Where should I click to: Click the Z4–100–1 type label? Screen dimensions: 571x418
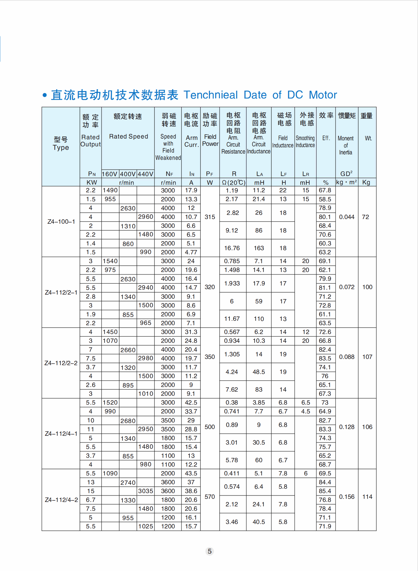tap(61, 222)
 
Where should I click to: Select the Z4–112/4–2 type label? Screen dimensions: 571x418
tap(61, 500)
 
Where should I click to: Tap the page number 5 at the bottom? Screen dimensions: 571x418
tap(210, 551)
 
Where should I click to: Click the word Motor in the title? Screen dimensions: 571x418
tap(323, 95)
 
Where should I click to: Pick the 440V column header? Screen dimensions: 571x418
tap(145, 174)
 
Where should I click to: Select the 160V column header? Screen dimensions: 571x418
tap(110, 174)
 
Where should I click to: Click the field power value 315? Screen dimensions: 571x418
tap(210, 217)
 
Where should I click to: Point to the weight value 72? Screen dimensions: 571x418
tap(365, 217)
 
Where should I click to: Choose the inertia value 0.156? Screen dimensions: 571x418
tap(347, 497)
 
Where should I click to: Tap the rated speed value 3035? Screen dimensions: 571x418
tap(145, 491)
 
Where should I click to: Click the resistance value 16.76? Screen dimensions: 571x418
tap(232, 248)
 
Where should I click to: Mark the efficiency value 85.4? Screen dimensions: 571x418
tap(325, 491)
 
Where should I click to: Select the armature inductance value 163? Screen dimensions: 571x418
tap(259, 248)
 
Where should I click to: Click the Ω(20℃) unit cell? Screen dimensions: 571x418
tap(233, 182)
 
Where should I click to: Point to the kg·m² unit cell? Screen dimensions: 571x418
tap(346, 182)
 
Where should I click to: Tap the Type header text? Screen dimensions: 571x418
tap(61, 148)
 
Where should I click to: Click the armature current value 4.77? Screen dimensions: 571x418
tap(191, 252)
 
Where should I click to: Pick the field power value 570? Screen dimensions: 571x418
tap(210, 497)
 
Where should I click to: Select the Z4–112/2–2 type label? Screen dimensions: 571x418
tap(61, 363)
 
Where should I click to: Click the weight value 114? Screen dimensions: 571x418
tap(367, 497)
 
